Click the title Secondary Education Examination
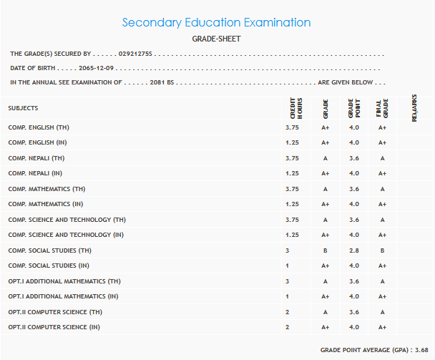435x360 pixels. coord(216,23)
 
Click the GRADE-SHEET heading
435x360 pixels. coord(216,39)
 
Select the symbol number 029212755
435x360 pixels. coord(135,54)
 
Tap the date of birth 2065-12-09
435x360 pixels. coord(96,68)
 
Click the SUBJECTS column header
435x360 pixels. coord(23,108)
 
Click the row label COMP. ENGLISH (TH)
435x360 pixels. coord(39,127)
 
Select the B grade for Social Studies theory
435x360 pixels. coord(325,250)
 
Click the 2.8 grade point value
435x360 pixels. coord(353,250)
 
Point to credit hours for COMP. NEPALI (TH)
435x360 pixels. coord(292,158)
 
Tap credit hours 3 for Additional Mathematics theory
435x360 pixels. coord(288,281)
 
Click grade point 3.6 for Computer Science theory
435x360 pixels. coord(353,312)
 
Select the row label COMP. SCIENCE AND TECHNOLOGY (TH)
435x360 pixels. coord(67,220)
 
